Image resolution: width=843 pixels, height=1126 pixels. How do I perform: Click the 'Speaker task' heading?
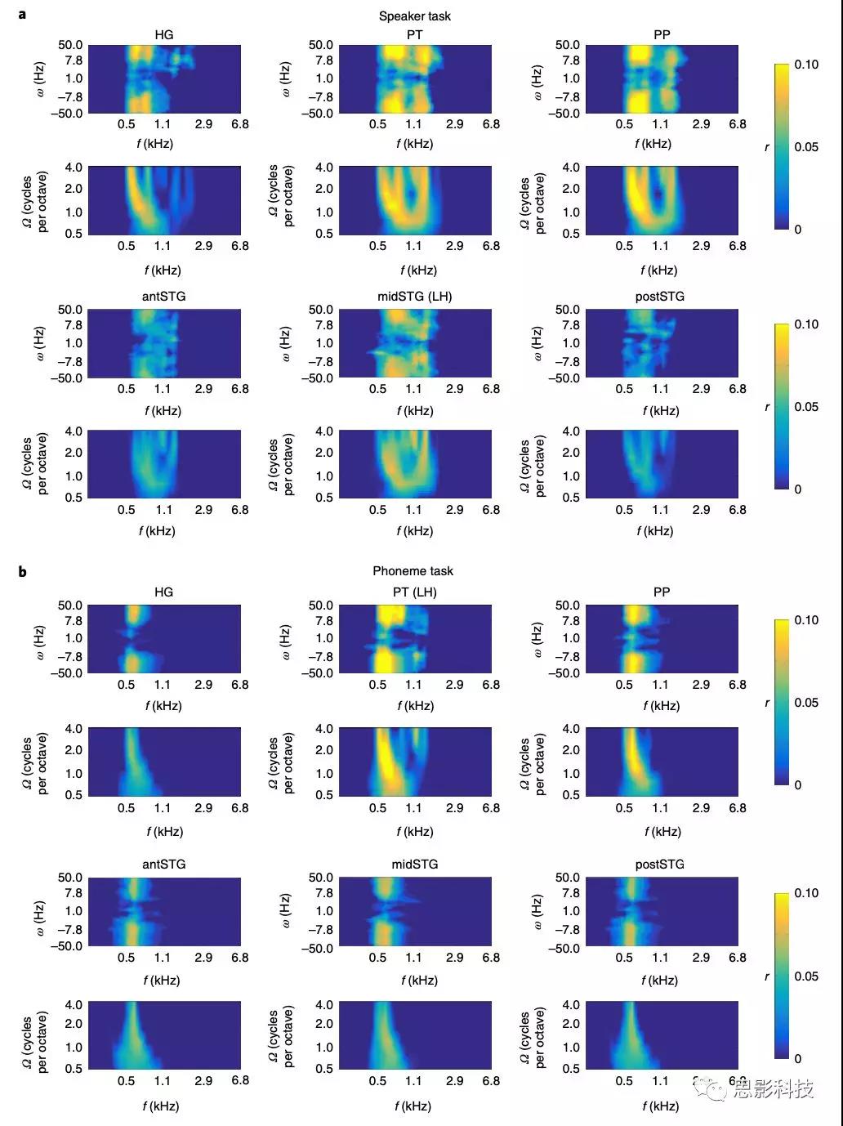tap(414, 16)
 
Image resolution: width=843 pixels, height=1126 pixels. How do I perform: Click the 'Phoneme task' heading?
tap(413, 571)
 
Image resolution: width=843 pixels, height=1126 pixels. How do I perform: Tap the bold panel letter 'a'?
tap(21, 14)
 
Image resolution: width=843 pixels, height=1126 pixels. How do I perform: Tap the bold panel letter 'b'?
tap(22, 571)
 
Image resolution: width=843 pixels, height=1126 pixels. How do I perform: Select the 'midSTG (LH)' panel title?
tap(414, 296)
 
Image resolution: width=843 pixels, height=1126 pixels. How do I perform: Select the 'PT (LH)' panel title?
tap(414, 592)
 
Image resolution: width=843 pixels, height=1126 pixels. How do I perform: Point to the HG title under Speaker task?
tap(163, 35)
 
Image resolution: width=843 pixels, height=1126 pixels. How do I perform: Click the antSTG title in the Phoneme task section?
tap(163, 864)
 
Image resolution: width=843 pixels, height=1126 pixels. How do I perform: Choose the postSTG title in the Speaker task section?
tap(659, 296)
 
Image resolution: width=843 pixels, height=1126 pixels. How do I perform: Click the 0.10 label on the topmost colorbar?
tap(806, 65)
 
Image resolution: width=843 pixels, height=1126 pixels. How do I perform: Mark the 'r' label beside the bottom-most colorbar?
tap(766, 976)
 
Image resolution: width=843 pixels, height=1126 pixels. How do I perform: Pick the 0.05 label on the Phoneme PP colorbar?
tap(806, 703)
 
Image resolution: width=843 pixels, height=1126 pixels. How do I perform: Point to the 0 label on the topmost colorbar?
tap(798, 229)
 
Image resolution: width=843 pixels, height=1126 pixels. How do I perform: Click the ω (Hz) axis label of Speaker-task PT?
tap(285, 79)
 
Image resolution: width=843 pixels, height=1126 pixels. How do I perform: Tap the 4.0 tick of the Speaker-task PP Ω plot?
tap(570, 168)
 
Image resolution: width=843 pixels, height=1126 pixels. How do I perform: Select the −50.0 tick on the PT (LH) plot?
tap(317, 673)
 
